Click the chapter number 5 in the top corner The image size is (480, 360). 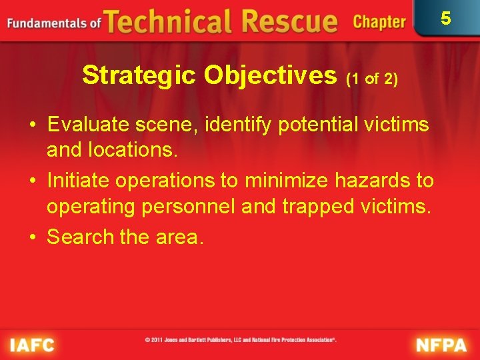(445, 18)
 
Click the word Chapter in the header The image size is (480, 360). (379, 22)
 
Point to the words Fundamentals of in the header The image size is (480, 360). (54, 23)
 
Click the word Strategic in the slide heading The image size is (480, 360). (139, 76)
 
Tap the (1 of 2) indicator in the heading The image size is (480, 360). (372, 79)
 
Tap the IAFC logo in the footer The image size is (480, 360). (31, 345)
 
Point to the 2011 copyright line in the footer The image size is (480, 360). (241, 340)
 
